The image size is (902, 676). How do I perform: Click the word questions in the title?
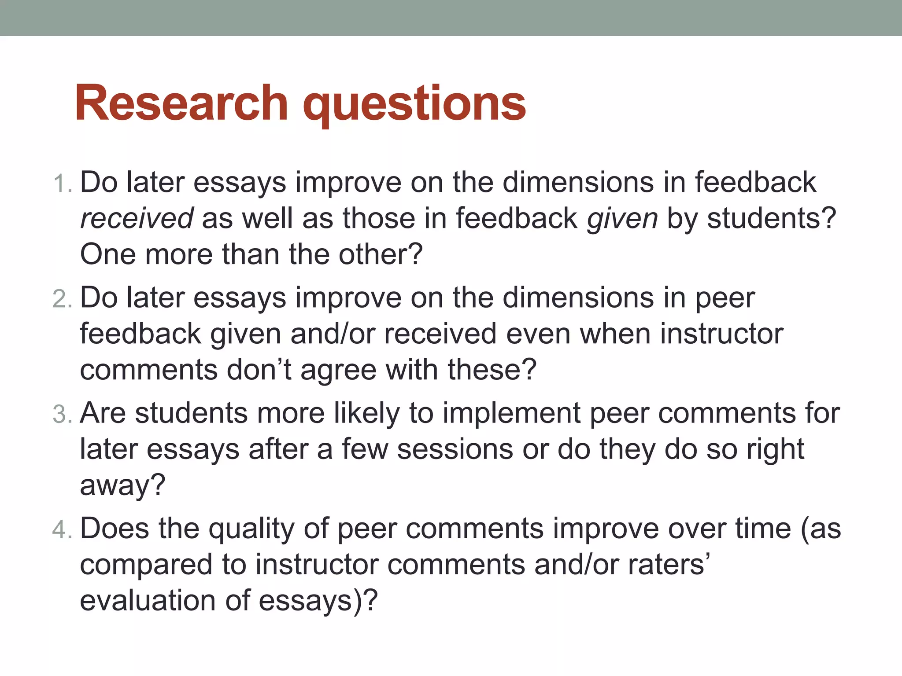(x=414, y=106)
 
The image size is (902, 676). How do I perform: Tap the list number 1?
(x=61, y=184)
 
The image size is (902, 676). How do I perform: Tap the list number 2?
(x=61, y=299)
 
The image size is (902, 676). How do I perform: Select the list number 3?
(x=61, y=415)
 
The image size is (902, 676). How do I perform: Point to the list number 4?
(x=61, y=530)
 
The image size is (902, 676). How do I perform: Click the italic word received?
(x=137, y=218)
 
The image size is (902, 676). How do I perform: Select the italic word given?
(x=622, y=219)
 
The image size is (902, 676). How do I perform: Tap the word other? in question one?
(x=381, y=254)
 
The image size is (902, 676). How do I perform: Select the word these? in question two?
(x=492, y=370)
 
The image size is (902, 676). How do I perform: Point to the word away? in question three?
(x=122, y=486)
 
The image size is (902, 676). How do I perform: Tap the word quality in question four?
(x=251, y=529)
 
